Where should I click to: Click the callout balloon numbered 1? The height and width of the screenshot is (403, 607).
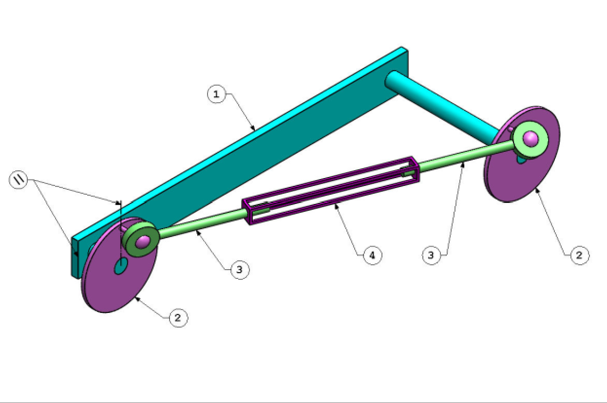click(216, 94)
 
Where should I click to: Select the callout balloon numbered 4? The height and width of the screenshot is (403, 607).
click(373, 255)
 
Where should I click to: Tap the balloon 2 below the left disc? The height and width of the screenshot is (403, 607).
click(178, 318)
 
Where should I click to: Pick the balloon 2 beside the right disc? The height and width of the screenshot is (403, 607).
click(580, 255)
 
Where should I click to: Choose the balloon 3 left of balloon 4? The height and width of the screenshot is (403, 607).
click(239, 269)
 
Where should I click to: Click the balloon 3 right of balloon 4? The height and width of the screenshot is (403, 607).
click(431, 255)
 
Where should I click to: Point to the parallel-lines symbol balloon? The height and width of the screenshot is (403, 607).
click(19, 180)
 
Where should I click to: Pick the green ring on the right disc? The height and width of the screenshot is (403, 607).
click(540, 146)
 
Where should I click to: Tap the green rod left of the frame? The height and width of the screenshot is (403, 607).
click(200, 226)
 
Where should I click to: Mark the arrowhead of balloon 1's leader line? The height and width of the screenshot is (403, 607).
click(254, 129)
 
